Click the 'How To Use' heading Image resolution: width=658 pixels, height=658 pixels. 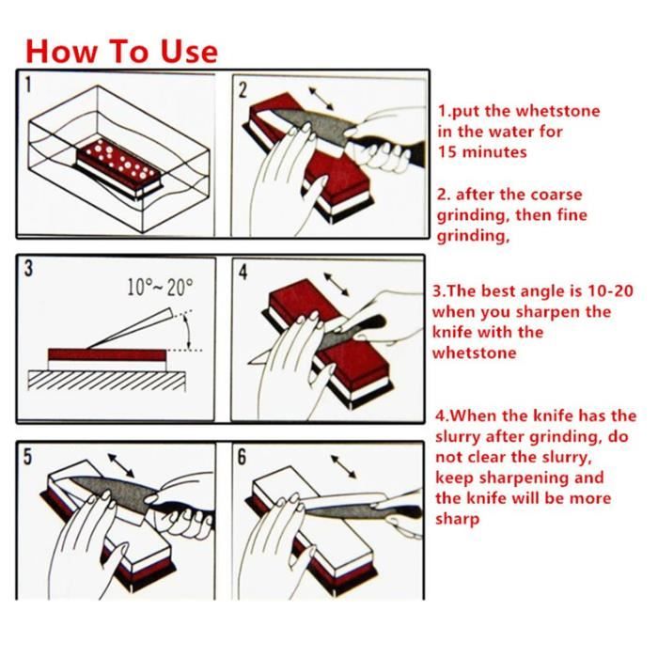tap(121, 52)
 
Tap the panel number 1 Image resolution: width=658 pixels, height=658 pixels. tap(27, 85)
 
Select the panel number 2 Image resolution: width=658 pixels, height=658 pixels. tap(243, 90)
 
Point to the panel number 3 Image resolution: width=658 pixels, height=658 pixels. tap(28, 269)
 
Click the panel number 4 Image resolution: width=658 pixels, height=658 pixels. tap(243, 272)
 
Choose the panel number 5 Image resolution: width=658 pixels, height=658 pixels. tap(27, 457)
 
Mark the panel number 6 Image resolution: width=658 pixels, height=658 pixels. tap(243, 457)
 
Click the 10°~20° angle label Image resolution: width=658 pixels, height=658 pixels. tap(160, 287)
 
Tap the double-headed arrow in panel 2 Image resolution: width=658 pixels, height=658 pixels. tap(321, 99)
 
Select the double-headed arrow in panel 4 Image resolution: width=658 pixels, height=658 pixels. tap(337, 285)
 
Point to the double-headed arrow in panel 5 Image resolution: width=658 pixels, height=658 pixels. tap(121, 465)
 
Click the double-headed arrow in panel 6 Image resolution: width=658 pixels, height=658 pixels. tap(344, 466)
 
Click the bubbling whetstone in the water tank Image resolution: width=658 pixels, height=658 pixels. tap(118, 168)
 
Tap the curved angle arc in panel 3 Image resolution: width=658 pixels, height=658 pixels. tap(187, 332)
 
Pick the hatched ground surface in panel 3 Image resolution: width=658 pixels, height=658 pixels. tap(106, 381)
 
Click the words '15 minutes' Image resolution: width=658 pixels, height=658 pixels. tap(482, 152)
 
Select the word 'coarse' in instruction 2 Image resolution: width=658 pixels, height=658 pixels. tap(556, 195)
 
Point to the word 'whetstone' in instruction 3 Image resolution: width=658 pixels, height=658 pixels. tap(474, 352)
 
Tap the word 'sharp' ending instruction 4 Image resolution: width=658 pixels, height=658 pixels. tap(458, 520)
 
